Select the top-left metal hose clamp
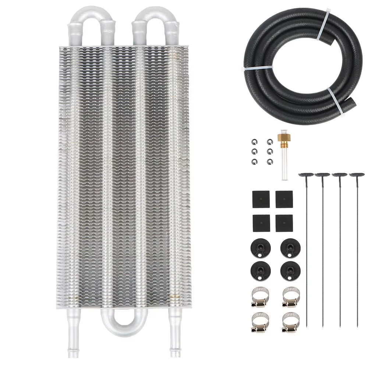pyautogui.click(x=259, y=294)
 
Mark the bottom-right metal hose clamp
pyautogui.click(x=291, y=319)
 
